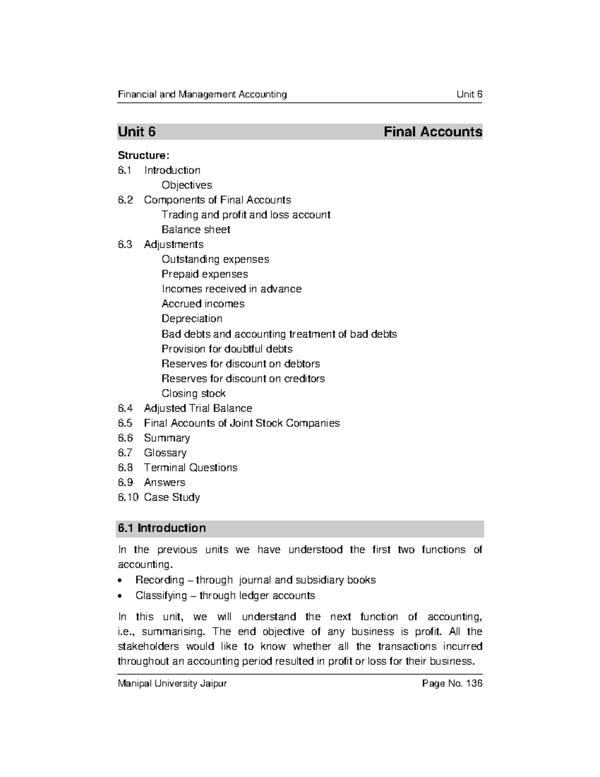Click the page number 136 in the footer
coord(473,683)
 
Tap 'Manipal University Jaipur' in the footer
coord(172,683)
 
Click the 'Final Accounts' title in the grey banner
coord(432,132)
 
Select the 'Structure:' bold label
coord(140,156)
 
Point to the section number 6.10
coord(128,497)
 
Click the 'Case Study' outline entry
coord(171,497)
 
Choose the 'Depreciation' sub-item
coord(191,319)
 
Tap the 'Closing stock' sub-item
coord(193,393)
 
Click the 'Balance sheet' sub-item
coord(195,230)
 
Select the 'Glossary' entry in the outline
coord(165,453)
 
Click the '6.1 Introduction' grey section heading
coord(161,528)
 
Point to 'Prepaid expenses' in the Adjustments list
coord(204,274)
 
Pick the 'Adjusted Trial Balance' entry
coord(197,408)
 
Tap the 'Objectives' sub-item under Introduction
coord(186,185)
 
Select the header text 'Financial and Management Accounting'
coord(202,95)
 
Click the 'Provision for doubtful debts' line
coord(226,349)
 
